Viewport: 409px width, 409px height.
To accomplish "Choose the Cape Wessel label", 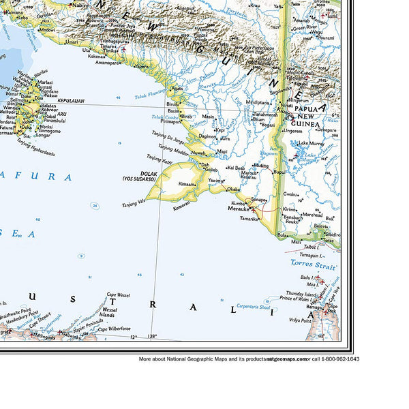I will [118, 295].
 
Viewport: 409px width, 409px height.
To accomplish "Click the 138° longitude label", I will [151, 336].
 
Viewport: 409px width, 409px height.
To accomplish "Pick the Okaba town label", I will [233, 189].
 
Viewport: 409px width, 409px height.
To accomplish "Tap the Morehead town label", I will [312, 214].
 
